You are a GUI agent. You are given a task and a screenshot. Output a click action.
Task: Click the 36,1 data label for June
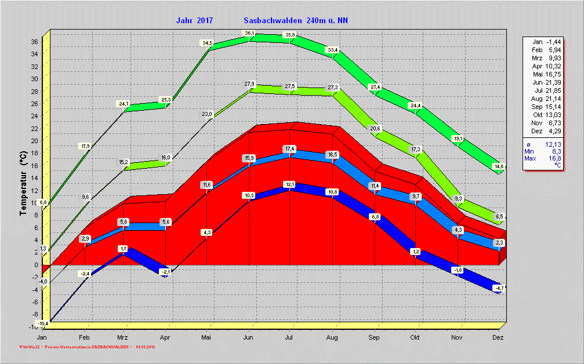(249, 33)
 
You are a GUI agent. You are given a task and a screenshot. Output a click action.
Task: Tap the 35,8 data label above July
(290, 35)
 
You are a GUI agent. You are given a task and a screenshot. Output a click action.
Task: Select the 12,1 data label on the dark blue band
(290, 184)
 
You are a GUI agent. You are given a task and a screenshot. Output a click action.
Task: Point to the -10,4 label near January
(42, 322)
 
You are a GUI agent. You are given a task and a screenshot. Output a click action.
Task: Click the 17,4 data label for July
(290, 149)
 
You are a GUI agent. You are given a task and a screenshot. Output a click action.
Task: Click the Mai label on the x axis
(207, 337)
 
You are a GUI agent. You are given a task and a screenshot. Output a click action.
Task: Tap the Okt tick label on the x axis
(415, 337)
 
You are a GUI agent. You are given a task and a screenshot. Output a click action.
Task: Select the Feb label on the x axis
(85, 337)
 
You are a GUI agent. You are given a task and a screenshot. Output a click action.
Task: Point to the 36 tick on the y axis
(34, 42)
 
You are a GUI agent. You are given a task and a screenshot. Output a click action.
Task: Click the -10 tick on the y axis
(33, 327)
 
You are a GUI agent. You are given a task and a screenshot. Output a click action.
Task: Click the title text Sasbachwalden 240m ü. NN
(296, 20)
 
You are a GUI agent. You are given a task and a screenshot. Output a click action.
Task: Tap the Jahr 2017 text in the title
(194, 20)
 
